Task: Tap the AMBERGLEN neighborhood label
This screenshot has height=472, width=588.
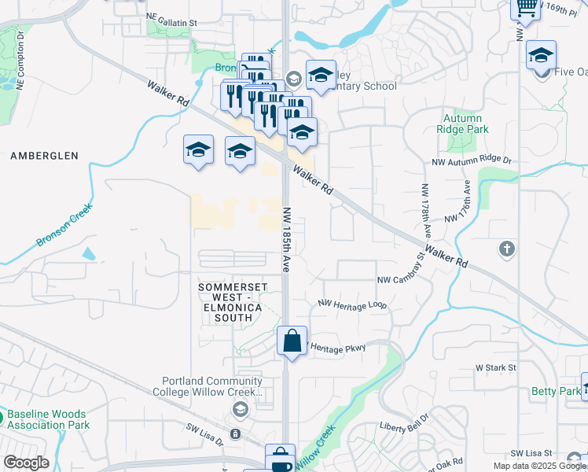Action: point(44,156)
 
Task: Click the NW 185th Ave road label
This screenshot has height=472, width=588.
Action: point(287,240)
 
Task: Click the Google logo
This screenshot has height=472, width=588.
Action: point(26,463)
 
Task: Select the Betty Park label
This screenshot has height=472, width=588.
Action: point(555,391)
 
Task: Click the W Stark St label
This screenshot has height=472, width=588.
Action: point(495,367)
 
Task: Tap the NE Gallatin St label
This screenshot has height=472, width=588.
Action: point(182,15)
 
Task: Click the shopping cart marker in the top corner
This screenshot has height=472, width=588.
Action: point(525,8)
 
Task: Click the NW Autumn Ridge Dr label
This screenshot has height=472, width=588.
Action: point(471,160)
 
